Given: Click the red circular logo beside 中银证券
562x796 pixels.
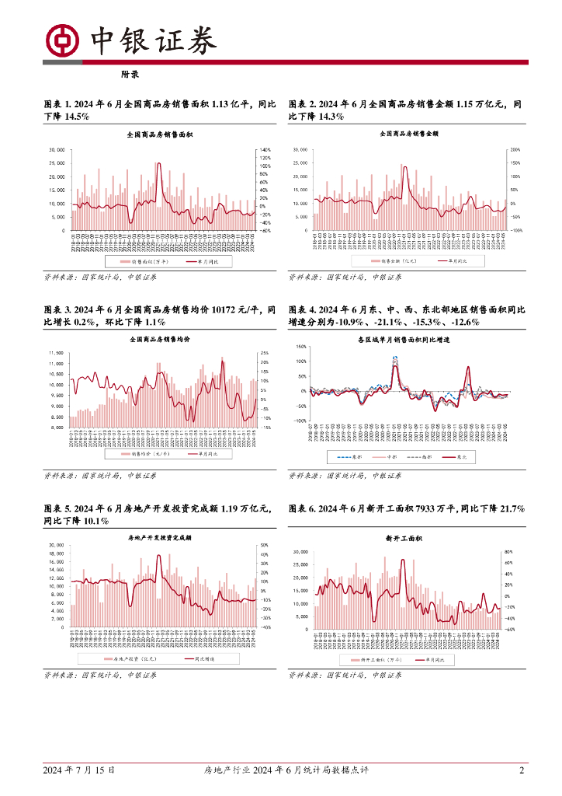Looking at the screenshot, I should click(61, 40).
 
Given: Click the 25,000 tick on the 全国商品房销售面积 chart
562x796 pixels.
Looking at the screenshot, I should click(57, 163).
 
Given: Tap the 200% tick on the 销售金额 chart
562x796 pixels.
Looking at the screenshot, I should click(514, 149).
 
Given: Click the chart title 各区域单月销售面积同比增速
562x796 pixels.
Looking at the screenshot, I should click(404, 340).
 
